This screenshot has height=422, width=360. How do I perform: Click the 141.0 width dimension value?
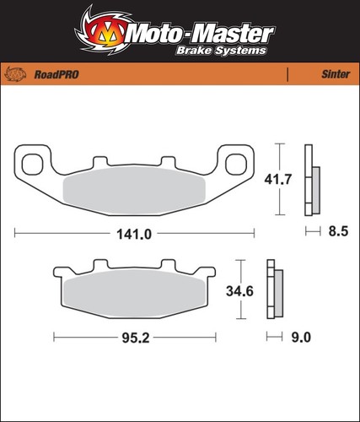(x=134, y=234)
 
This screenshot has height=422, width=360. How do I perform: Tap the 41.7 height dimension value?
(x=278, y=179)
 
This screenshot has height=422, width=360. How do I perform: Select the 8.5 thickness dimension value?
(x=338, y=231)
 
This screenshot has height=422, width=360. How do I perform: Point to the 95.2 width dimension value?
(x=136, y=338)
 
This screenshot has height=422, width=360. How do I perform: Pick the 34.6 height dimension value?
(x=239, y=291)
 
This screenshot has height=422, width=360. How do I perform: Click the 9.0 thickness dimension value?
(x=301, y=337)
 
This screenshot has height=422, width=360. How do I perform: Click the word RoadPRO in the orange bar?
(x=56, y=74)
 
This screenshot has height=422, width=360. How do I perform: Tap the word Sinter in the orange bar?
(x=336, y=74)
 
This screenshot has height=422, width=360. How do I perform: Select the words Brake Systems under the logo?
(x=221, y=51)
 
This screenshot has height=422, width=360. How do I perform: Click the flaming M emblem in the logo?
(x=103, y=32)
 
